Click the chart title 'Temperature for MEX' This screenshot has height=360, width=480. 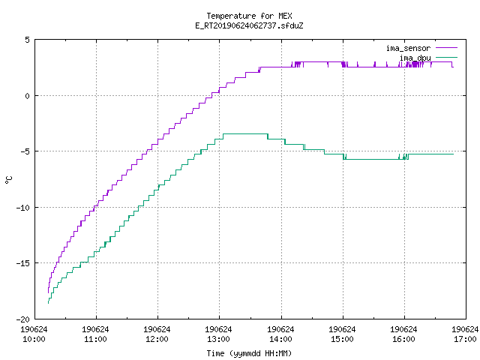(x=249, y=16)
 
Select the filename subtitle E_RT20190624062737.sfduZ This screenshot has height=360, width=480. (x=249, y=25)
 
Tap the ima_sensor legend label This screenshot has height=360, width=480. (x=408, y=48)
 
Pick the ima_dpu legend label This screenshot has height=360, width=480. (x=415, y=58)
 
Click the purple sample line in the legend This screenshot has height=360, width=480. (x=446, y=48)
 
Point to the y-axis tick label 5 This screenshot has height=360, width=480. (x=28, y=40)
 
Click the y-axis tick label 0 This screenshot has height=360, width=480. (x=28, y=96)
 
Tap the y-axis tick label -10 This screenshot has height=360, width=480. (x=23, y=208)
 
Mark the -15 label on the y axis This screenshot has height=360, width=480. (x=23, y=263)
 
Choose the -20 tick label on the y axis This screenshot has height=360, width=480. (x=23, y=319)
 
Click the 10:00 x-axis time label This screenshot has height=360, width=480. (x=34, y=339)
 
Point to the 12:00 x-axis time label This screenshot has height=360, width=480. (x=157, y=339)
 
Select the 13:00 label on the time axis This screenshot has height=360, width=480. (x=218, y=339)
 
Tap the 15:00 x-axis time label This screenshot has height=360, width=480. (x=342, y=339)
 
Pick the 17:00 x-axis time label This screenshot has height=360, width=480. (x=465, y=339)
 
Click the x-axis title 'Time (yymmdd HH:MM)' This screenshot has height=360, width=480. (x=249, y=353)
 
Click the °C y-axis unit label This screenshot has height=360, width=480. (x=8, y=180)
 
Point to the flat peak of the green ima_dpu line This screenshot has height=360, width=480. (x=246, y=133)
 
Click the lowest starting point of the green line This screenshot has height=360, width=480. (x=48, y=303)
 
